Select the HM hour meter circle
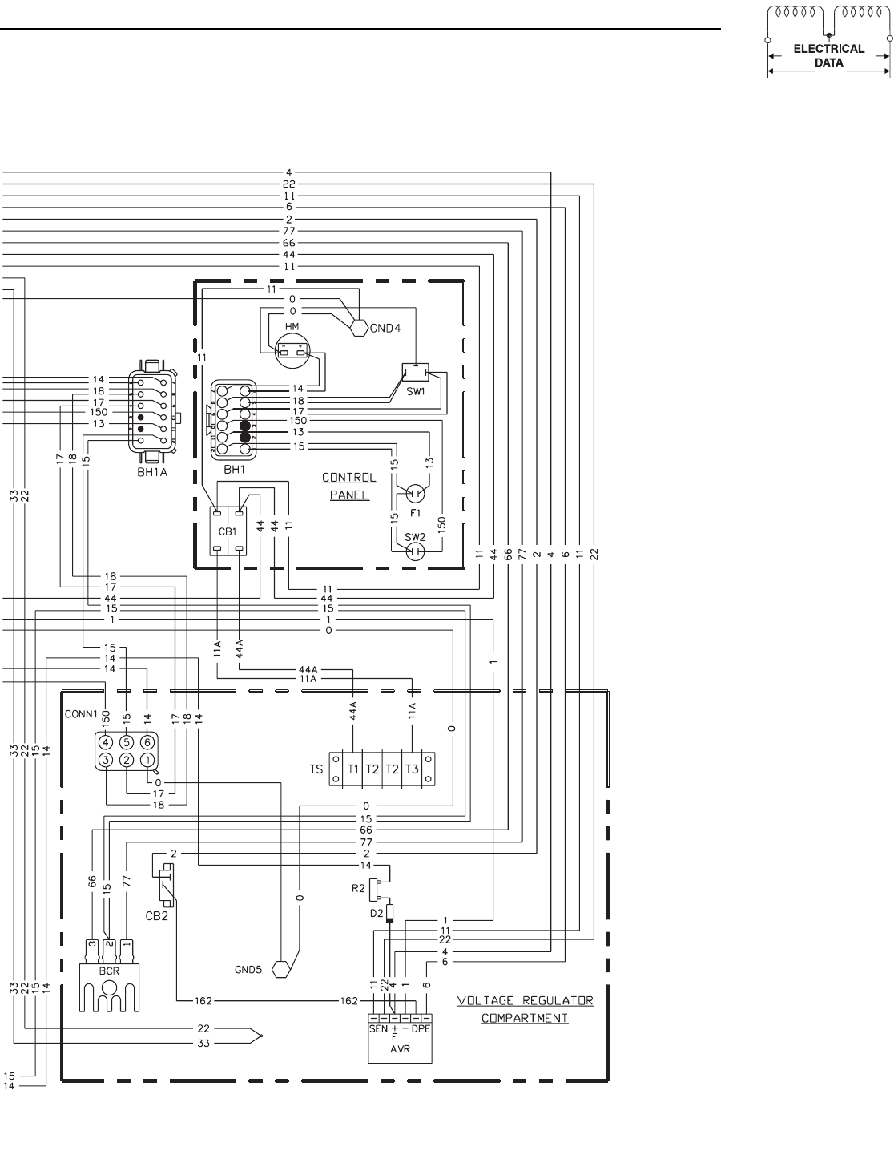tap(291, 350)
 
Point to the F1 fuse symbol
tap(415, 493)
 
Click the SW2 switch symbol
tap(415, 551)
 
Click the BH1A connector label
tap(151, 472)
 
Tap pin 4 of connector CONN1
tap(106, 741)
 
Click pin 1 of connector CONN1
tap(147, 760)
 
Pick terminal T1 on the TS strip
tap(353, 769)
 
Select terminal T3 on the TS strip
tap(411, 769)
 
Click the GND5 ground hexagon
tap(281, 969)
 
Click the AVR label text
tap(400, 1048)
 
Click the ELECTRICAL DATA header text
tap(828, 55)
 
